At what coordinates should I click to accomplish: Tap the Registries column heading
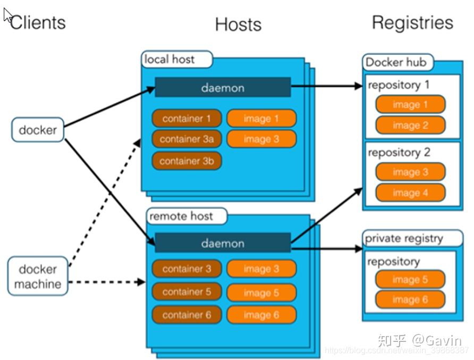point(412,22)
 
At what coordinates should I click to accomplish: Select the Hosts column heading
point(238,24)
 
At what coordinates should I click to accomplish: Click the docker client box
point(38,129)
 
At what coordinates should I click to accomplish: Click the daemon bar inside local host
point(223,88)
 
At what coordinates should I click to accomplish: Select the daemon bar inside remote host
point(223,244)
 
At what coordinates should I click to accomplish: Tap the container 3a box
point(187,139)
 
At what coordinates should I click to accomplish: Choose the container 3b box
point(187,161)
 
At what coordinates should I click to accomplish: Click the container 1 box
point(187,119)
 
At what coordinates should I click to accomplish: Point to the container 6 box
point(187,315)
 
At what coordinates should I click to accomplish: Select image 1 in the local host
point(261,119)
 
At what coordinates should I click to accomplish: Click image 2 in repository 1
point(410,125)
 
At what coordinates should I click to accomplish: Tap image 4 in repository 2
point(410,192)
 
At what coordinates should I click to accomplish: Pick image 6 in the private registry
point(410,300)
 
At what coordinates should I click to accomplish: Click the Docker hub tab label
point(396,62)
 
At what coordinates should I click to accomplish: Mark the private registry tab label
point(404,238)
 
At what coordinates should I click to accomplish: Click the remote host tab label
point(181,216)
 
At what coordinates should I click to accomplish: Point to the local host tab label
point(170,59)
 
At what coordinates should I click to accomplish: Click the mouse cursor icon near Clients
point(7,15)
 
